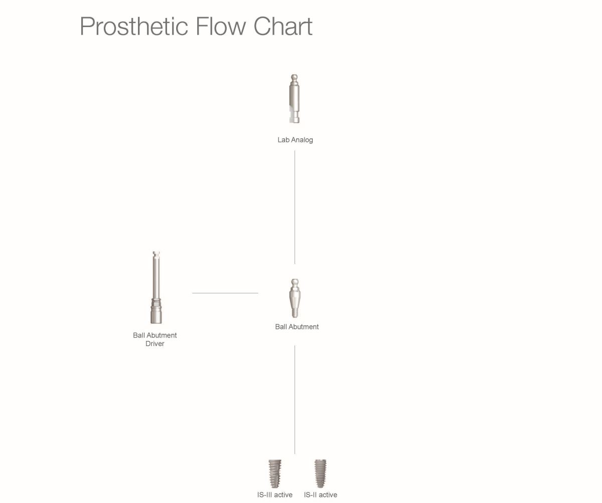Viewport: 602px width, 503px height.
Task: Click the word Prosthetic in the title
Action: point(134,27)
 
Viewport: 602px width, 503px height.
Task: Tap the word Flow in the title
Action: point(221,26)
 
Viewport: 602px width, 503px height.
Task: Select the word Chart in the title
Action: point(283,26)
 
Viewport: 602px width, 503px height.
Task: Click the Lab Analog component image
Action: point(294,99)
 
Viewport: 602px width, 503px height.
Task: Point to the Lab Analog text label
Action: point(295,140)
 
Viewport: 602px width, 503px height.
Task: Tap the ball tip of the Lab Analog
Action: point(294,77)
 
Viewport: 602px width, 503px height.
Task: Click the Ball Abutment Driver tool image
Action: point(156,287)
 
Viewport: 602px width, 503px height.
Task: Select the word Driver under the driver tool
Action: point(155,344)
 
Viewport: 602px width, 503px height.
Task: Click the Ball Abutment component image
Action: point(294,298)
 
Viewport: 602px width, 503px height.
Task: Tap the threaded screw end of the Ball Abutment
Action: point(294,313)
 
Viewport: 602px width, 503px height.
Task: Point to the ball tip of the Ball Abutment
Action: point(294,282)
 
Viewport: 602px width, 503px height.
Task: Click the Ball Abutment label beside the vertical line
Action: point(297,326)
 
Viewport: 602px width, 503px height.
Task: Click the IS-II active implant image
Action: point(321,473)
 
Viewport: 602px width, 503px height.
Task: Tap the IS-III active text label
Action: point(275,494)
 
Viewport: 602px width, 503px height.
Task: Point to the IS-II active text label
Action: point(321,494)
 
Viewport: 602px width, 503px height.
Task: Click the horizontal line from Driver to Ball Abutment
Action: point(225,293)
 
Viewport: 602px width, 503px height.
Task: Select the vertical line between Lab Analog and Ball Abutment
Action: point(294,207)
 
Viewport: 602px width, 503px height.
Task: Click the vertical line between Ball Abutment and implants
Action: point(294,400)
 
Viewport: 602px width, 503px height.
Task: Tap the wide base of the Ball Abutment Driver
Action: point(156,311)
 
